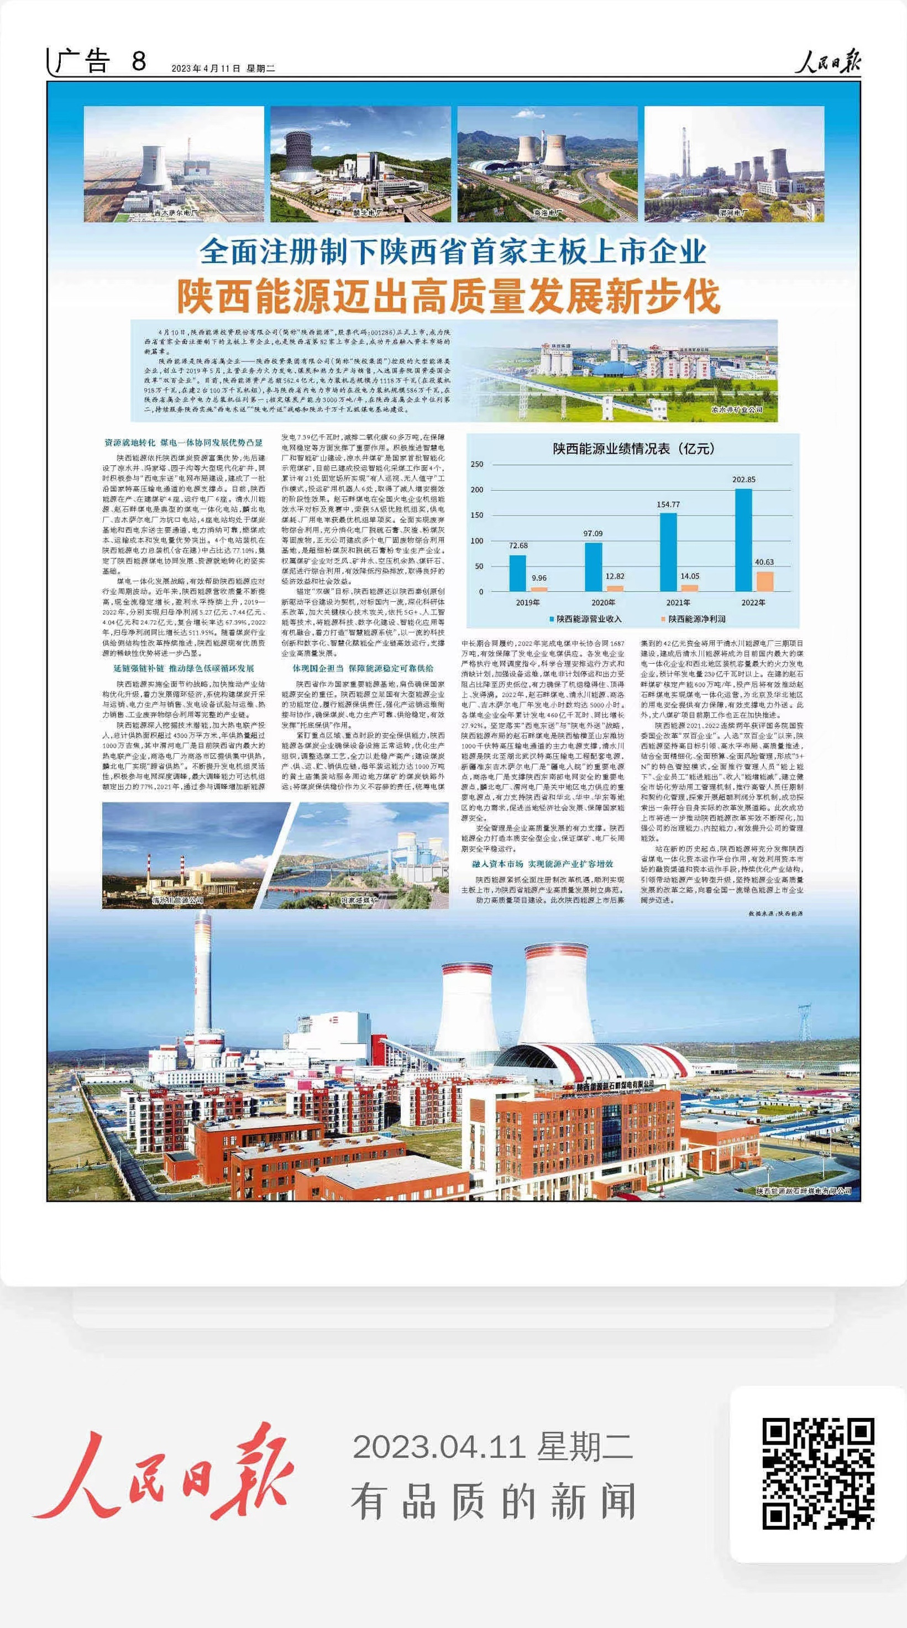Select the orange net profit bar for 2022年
click(x=765, y=581)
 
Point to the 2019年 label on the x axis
click(x=528, y=602)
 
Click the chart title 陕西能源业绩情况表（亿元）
click(x=633, y=449)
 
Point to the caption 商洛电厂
click(x=547, y=214)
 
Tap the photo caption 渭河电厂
click(x=733, y=214)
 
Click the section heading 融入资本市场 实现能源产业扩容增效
click(x=542, y=863)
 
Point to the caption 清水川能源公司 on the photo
click(x=177, y=899)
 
